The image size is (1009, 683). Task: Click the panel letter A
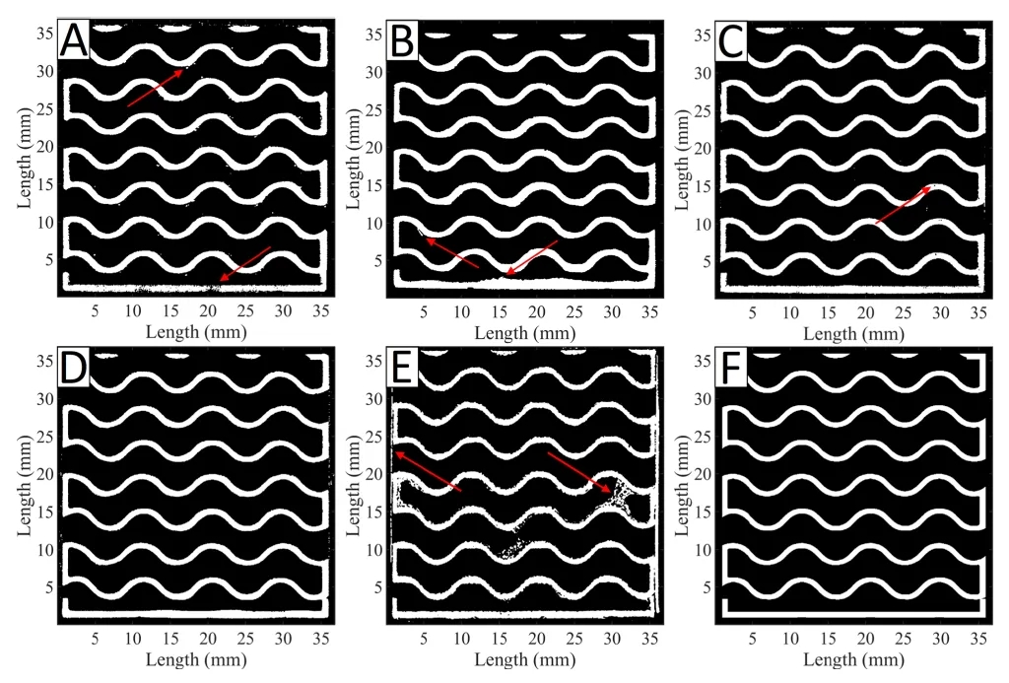(x=75, y=41)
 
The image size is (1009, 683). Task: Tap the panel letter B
(x=404, y=41)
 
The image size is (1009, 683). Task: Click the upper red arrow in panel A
(x=155, y=88)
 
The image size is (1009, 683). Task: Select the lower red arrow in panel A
(x=244, y=263)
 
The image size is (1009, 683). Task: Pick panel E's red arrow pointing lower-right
(x=579, y=471)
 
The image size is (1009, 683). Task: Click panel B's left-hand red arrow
(x=452, y=252)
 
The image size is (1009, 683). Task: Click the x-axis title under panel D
(x=196, y=659)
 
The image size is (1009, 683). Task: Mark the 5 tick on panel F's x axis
(x=753, y=638)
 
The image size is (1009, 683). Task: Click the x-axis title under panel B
(x=524, y=332)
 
